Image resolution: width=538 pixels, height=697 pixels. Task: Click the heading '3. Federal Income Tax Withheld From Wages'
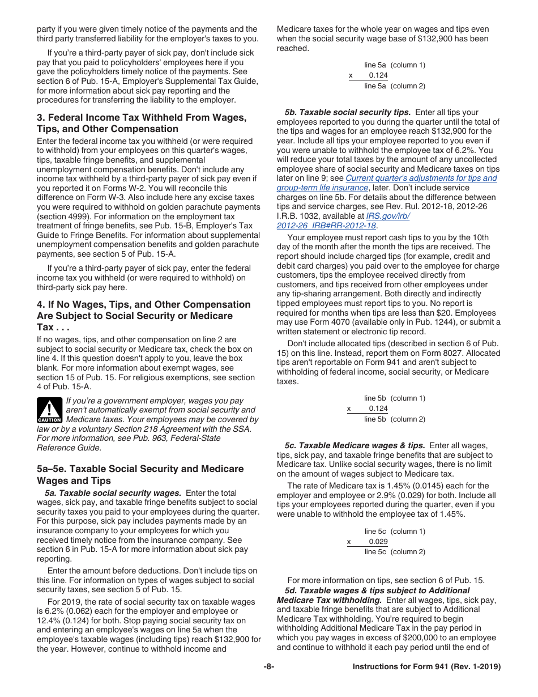pyautogui.click(x=142, y=118)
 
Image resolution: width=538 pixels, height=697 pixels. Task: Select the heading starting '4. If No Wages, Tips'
pyautogui.click(x=143, y=305)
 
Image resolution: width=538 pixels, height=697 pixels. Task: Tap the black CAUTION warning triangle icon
pyautogui.click(x=49, y=410)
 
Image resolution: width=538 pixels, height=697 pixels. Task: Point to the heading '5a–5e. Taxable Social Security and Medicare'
pyautogui.click(x=140, y=469)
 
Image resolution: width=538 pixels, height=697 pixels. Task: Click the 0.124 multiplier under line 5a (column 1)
pyautogui.click(x=378, y=75)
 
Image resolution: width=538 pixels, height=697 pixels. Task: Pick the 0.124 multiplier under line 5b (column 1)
pyautogui.click(x=378, y=409)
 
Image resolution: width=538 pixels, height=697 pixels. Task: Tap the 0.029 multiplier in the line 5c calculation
pyautogui.click(x=378, y=542)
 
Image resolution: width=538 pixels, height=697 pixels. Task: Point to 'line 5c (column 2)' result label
pyautogui.click(x=395, y=552)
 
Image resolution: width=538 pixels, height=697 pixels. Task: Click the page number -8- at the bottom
pyautogui.click(x=269, y=667)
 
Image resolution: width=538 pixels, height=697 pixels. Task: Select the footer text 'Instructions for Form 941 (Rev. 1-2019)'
pyautogui.click(x=426, y=667)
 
